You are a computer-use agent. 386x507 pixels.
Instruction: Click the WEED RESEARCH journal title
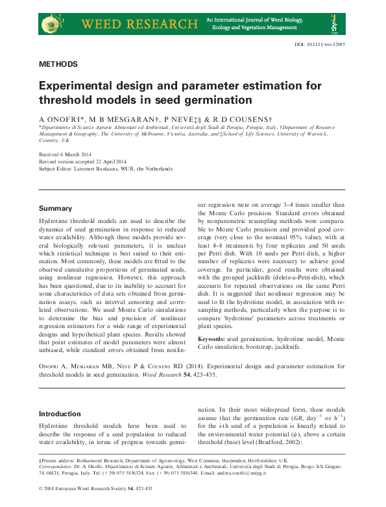(139, 25)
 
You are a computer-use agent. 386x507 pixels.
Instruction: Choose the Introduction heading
(60, 414)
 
